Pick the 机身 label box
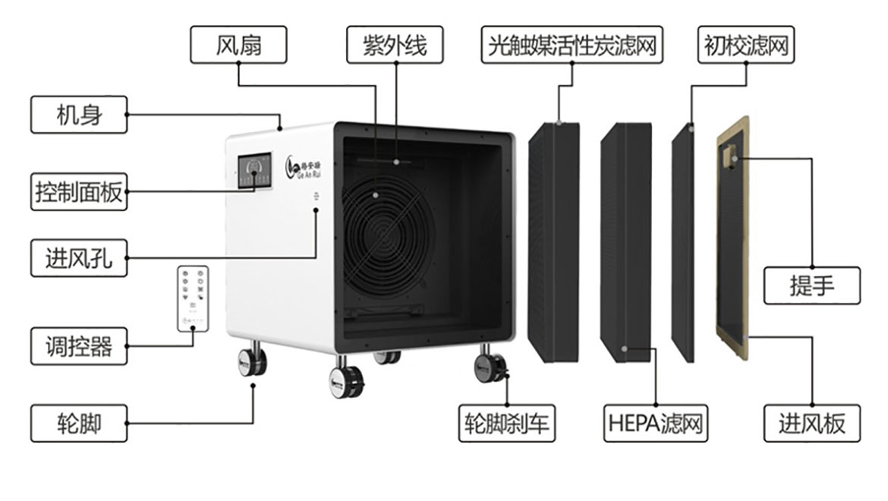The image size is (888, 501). coord(79,115)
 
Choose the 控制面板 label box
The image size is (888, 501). coord(79,191)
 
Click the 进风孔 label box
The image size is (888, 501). coord(79,258)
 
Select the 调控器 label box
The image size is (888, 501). coord(79,346)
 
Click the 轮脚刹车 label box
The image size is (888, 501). coord(507,423)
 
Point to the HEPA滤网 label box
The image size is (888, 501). coord(654,423)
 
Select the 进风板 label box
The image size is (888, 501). coord(812,423)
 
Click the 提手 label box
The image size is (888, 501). coord(812,285)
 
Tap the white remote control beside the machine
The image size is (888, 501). coord(193,298)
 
